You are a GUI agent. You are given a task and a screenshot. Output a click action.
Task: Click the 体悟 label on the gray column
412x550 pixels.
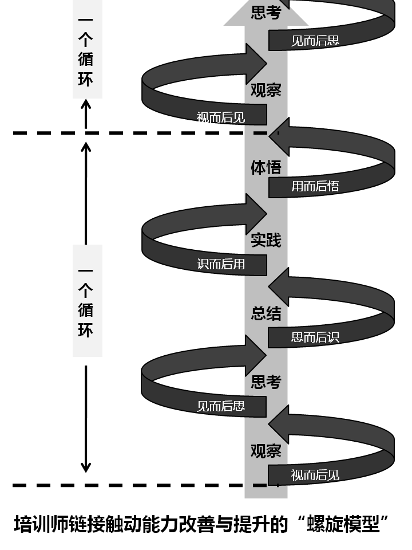(266, 167)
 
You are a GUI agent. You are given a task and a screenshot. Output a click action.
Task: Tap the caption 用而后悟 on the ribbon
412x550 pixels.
(315, 186)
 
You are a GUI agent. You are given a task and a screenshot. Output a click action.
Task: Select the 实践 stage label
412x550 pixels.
(266, 240)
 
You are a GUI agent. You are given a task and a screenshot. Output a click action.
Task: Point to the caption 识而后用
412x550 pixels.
(221, 264)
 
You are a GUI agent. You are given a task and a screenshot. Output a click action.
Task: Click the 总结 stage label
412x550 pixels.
(266, 313)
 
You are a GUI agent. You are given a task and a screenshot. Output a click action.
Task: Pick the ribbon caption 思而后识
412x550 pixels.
(315, 337)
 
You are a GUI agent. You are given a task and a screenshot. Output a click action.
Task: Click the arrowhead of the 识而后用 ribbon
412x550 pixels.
(256, 213)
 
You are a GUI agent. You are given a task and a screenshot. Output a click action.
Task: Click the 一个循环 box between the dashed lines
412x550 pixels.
(87, 300)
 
